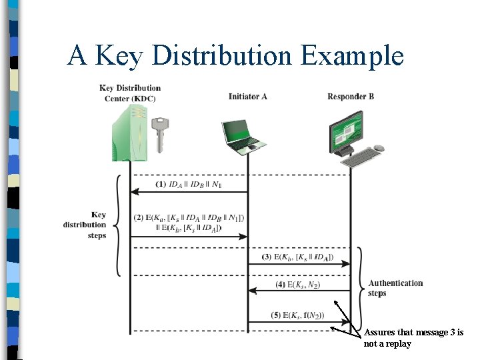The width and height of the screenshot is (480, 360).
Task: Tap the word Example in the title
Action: pos(352,56)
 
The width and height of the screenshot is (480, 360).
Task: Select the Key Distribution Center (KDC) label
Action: pos(130,93)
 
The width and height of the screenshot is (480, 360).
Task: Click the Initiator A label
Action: pos(247,97)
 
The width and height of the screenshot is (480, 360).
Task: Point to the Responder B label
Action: pos(351,97)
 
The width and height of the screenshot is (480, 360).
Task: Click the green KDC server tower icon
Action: pos(129,133)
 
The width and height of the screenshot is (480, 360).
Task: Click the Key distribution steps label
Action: pos(85,225)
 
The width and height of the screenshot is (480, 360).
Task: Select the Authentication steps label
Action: pos(395,288)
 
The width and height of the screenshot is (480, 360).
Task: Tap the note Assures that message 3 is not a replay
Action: pos(413,338)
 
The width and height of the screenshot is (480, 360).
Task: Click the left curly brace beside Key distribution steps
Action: pos(117,225)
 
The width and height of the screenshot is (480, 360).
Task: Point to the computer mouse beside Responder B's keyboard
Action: pos(379,148)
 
